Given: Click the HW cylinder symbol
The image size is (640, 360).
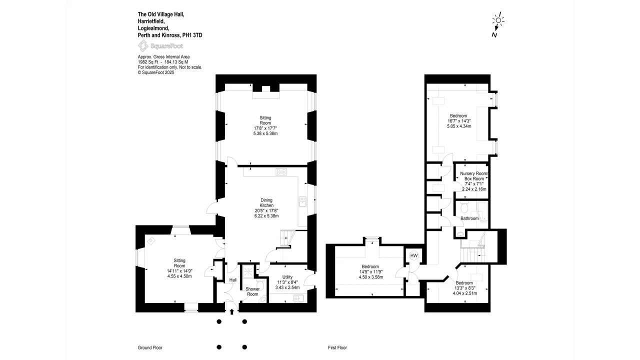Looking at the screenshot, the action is pyautogui.click(x=413, y=255).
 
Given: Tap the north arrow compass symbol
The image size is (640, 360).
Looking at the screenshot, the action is pyautogui.click(x=497, y=24).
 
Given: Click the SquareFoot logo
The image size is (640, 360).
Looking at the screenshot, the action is pyautogui.click(x=160, y=45).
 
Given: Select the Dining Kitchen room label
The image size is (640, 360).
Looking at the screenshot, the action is pyautogui.click(x=266, y=202).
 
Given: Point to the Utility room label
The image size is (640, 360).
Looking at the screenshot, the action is pyautogui.click(x=287, y=277).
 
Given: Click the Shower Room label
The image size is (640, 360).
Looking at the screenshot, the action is pyautogui.click(x=252, y=291).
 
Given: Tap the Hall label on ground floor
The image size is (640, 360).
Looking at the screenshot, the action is pyautogui.click(x=233, y=280).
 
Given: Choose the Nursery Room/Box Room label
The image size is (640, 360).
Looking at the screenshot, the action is pyautogui.click(x=474, y=176).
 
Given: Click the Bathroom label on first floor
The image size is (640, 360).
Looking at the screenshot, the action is pyautogui.click(x=469, y=218).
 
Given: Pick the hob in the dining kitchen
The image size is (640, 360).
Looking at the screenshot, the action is pyautogui.click(x=281, y=171).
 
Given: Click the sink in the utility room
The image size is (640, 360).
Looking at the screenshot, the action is pyautogui.click(x=298, y=298).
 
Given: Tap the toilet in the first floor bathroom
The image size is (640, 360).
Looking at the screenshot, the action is pyautogui.click(x=464, y=207).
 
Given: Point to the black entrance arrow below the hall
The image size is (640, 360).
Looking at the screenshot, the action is pyautogui.click(x=231, y=311).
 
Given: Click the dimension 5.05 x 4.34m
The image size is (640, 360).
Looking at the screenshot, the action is pyautogui.click(x=459, y=126).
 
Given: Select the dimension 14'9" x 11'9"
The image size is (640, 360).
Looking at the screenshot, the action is pyautogui.click(x=371, y=271).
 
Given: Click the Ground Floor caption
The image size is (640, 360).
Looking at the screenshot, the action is pyautogui.click(x=150, y=347).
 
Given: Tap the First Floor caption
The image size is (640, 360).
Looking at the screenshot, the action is pyautogui.click(x=337, y=347).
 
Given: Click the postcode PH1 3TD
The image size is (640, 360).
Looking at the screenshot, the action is pyautogui.click(x=192, y=35).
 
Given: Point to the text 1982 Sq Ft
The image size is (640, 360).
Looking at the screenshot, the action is pyautogui.click(x=148, y=62).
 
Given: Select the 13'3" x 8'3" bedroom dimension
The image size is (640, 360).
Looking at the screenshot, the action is pyautogui.click(x=465, y=288).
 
